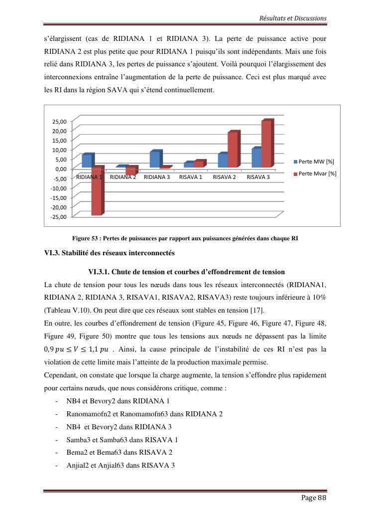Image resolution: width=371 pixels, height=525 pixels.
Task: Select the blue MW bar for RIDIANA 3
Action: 155,160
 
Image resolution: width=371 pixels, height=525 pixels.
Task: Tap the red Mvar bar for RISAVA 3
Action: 266,144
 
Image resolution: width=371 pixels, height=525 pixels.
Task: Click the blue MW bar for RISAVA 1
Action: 188,165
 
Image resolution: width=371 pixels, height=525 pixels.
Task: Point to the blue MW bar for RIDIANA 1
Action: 87,161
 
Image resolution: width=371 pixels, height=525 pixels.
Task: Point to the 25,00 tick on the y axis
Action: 59,121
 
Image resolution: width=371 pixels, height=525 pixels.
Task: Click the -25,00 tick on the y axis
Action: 58,216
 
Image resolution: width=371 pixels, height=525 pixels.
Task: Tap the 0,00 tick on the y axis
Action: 60,169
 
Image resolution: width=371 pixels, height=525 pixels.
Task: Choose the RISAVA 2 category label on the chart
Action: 224,177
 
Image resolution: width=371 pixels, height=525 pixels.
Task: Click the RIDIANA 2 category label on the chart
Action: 123,177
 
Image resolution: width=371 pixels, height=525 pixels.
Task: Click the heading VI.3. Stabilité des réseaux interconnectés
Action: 110,253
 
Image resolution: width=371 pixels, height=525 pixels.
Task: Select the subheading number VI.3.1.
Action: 99,272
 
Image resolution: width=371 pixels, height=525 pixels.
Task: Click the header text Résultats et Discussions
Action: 293,18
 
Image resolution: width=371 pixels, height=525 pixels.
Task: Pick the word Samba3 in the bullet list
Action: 78,440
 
